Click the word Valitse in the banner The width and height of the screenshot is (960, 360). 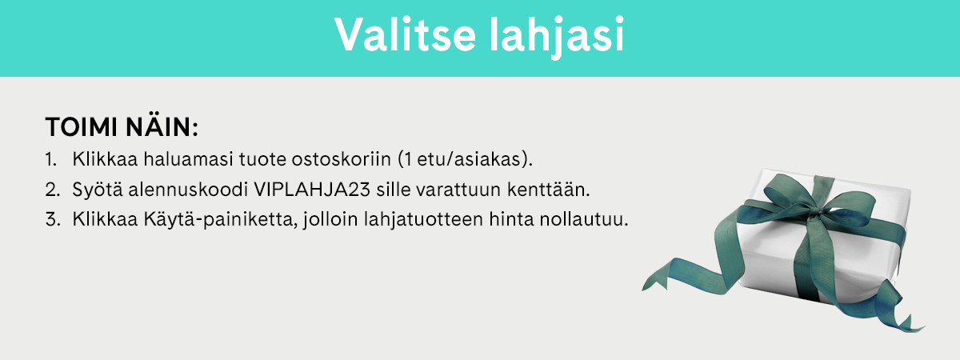click(405, 34)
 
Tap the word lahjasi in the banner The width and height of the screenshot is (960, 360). click(557, 37)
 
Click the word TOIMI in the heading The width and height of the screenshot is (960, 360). click(82, 127)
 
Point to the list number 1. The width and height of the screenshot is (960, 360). click(50, 159)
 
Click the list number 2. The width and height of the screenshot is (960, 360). click(52, 190)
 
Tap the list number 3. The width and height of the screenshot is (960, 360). click(52, 219)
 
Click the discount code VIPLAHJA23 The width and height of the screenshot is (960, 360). click(312, 190)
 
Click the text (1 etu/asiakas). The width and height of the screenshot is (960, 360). click(466, 159)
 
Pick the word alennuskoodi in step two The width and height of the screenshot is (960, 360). click(188, 190)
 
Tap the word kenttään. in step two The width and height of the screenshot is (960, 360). click(549, 189)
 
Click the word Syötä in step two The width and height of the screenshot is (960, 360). click(98, 189)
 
